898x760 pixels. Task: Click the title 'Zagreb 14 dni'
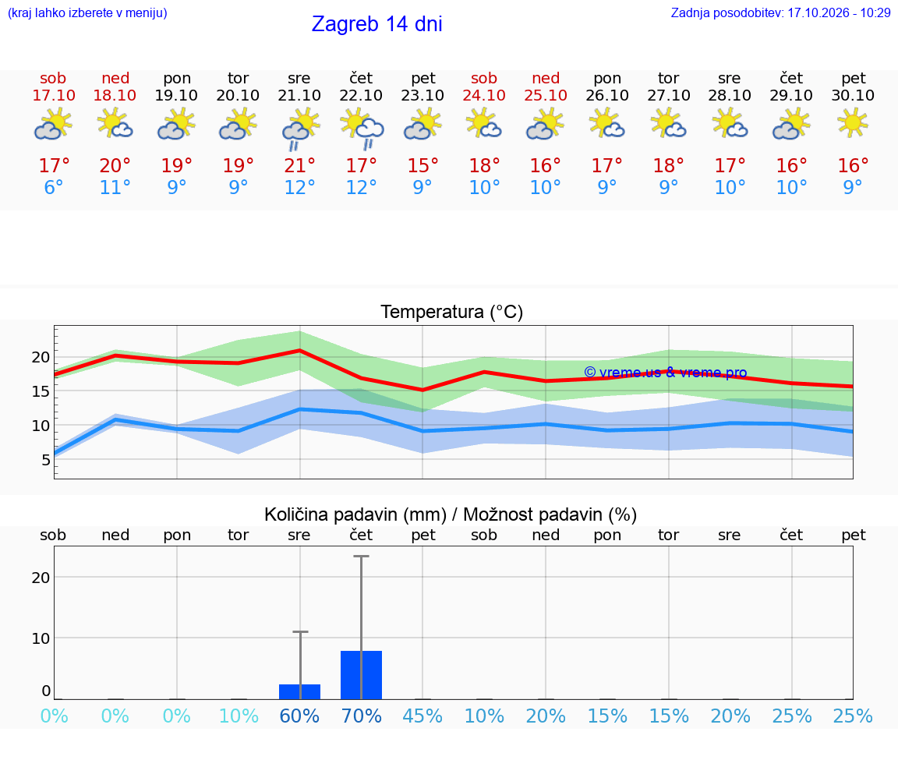377,24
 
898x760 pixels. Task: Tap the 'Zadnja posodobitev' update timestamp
780,12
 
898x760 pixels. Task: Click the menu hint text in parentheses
87,12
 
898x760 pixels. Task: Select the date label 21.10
299,95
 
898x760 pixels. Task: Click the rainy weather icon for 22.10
362,129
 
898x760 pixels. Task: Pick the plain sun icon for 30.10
853,124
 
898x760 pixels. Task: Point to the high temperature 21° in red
299,165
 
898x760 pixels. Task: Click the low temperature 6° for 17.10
53,187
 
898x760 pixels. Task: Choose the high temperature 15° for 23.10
422,165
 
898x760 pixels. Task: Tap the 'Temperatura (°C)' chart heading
452,312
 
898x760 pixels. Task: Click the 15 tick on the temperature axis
41,391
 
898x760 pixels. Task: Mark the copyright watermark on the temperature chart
666,373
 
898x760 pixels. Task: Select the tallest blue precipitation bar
362,675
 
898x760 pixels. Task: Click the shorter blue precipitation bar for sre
299,691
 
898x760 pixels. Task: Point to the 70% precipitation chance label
362,716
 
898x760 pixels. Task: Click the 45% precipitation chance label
422,716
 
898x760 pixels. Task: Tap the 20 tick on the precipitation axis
41,578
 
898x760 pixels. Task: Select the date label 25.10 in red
546,95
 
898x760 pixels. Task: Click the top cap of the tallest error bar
362,556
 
